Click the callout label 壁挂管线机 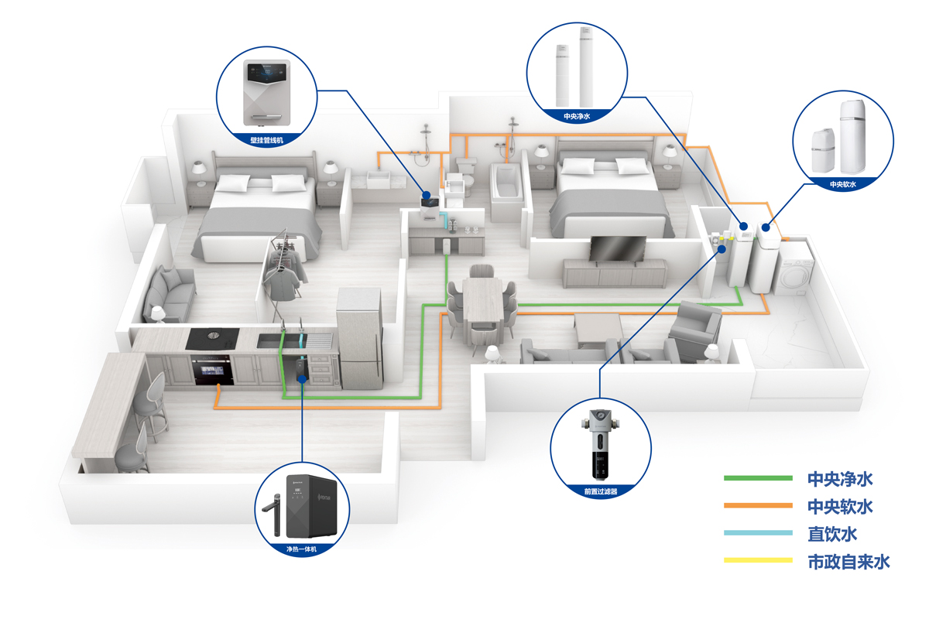pyautogui.click(x=268, y=140)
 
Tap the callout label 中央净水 pyautogui.click(x=577, y=116)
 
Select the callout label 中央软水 pyautogui.click(x=842, y=184)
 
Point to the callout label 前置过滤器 pyautogui.click(x=601, y=490)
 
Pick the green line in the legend pyautogui.click(x=758, y=478)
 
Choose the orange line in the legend pyautogui.click(x=758, y=506)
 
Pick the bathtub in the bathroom pyautogui.click(x=507, y=190)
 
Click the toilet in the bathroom pyautogui.click(x=466, y=172)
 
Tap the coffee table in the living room pyautogui.click(x=598, y=330)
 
